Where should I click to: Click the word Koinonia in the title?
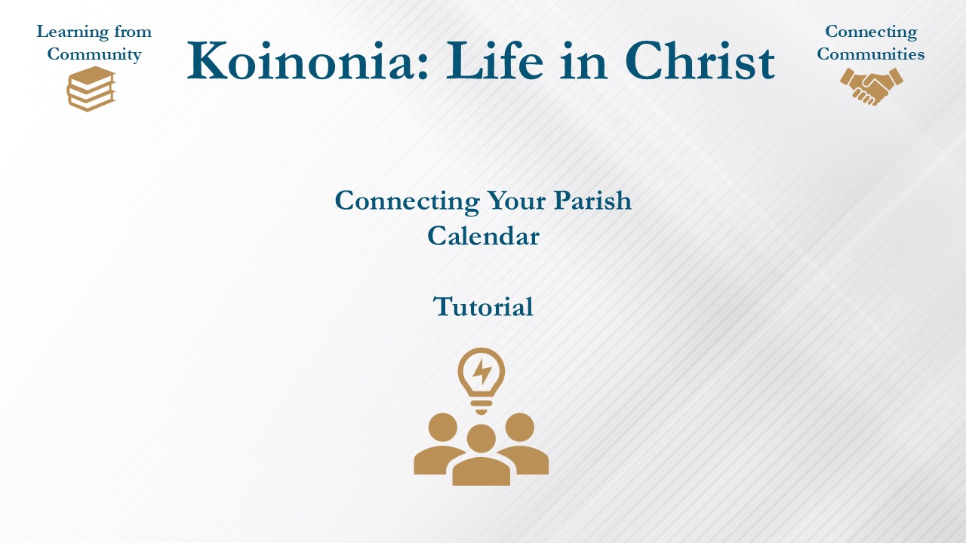(x=302, y=60)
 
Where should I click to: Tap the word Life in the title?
(x=494, y=60)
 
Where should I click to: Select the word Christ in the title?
(x=700, y=60)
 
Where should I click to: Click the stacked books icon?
(x=91, y=89)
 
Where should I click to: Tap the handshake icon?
(x=871, y=86)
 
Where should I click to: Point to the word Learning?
(x=72, y=32)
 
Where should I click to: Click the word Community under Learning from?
(x=94, y=55)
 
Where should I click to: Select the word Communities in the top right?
(x=870, y=54)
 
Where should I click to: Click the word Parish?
(x=592, y=201)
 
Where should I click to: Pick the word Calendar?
(x=483, y=236)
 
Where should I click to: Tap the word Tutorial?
(x=483, y=306)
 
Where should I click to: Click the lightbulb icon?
(x=481, y=381)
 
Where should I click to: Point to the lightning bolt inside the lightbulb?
(x=482, y=372)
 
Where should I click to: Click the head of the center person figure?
(x=481, y=438)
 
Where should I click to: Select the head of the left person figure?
(x=443, y=428)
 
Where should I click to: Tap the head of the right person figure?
(x=520, y=428)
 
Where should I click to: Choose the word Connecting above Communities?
(x=871, y=32)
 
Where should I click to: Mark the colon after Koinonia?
(x=423, y=67)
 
